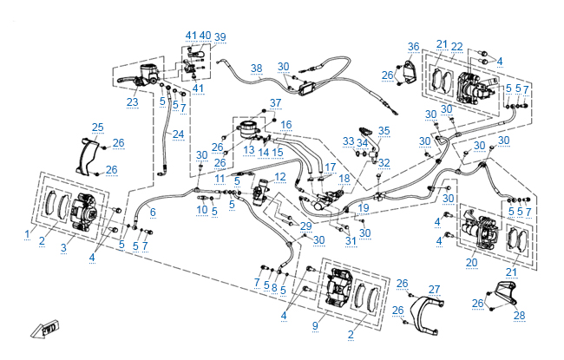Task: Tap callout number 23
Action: coord(132,101)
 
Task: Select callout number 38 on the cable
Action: coord(256,68)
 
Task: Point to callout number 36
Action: coord(414,46)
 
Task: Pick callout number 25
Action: coord(97,128)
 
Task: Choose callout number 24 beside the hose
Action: coord(178,134)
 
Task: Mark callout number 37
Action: coord(276,103)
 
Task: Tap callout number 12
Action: coord(279,177)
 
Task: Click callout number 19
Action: coord(364,208)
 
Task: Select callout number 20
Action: coord(471,262)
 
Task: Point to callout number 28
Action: coord(519,315)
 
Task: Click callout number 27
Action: coord(435,290)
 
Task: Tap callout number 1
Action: coord(28,234)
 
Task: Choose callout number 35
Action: coord(384,131)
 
